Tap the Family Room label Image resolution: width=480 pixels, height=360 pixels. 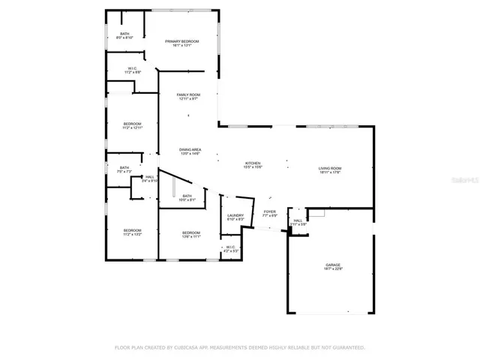tap(187, 94)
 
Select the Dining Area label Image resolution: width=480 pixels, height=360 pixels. tap(189, 150)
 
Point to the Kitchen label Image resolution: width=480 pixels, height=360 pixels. tap(253, 163)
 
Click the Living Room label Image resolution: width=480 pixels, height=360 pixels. tap(330, 169)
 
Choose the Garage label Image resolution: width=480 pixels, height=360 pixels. tap(333, 265)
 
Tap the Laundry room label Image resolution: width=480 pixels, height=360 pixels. tap(235, 215)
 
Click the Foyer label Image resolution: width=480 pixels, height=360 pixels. tap(269, 211)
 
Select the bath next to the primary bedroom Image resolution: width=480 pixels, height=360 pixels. tap(124, 34)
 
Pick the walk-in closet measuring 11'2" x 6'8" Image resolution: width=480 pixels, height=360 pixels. tap(131, 68)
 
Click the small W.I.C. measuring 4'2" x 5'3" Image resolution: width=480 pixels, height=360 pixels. tap(231, 247)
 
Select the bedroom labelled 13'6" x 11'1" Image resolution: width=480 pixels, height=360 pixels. tap(190, 233)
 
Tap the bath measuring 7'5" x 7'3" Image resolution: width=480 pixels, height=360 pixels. tap(124, 168)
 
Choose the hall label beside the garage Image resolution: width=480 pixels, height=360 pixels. tap(298, 220)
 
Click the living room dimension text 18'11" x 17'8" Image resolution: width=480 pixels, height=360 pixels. tap(330, 173)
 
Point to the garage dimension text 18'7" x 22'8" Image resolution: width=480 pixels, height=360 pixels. tap(333, 269)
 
